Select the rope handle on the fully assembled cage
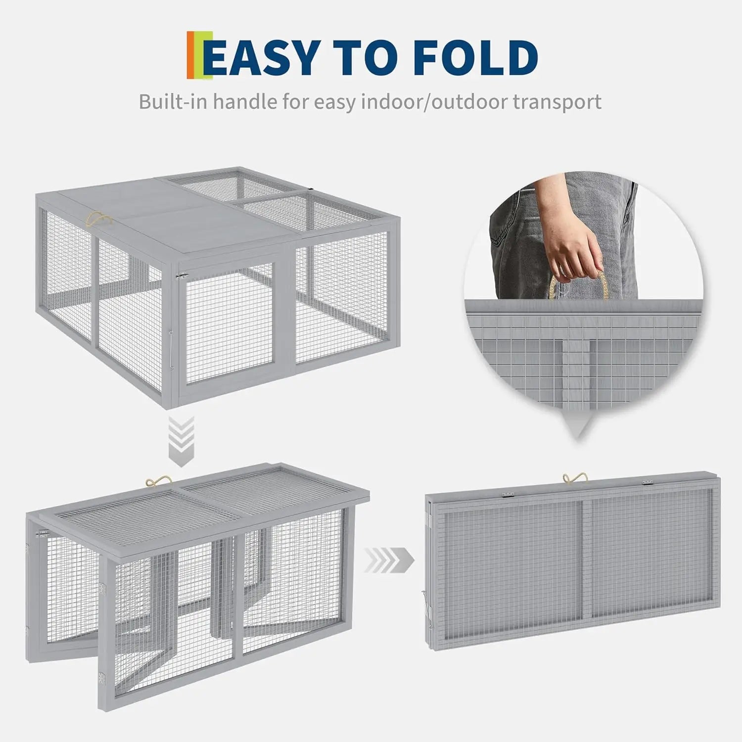[x=99, y=220]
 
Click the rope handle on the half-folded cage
[x=159, y=482]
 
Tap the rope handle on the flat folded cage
[x=575, y=479]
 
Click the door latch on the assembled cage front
[x=182, y=276]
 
